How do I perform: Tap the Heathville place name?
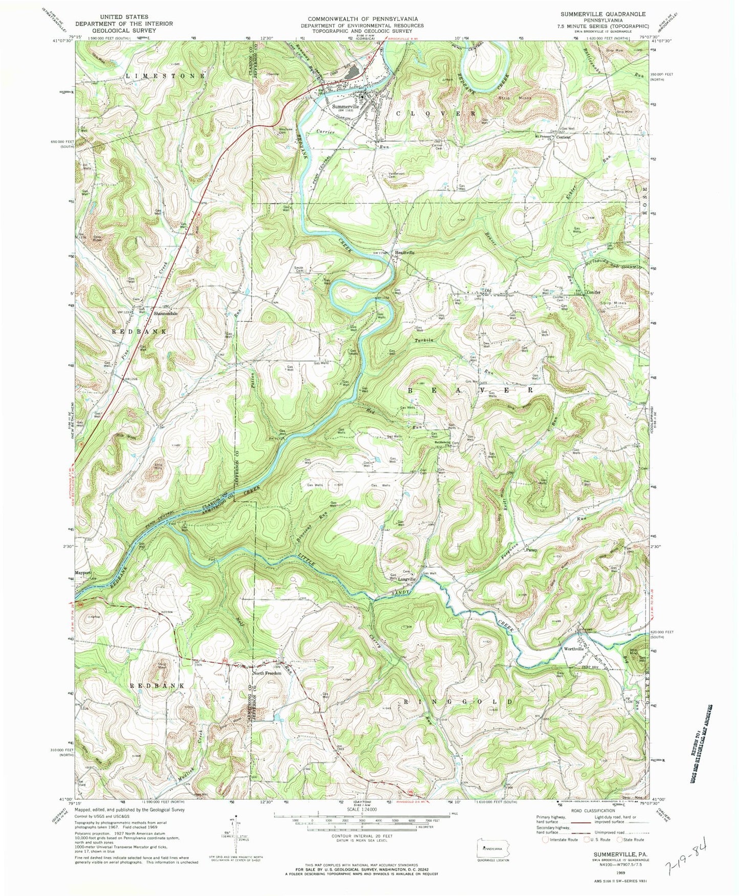click(x=404, y=253)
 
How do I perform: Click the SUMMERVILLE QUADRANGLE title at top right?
click(x=602, y=14)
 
